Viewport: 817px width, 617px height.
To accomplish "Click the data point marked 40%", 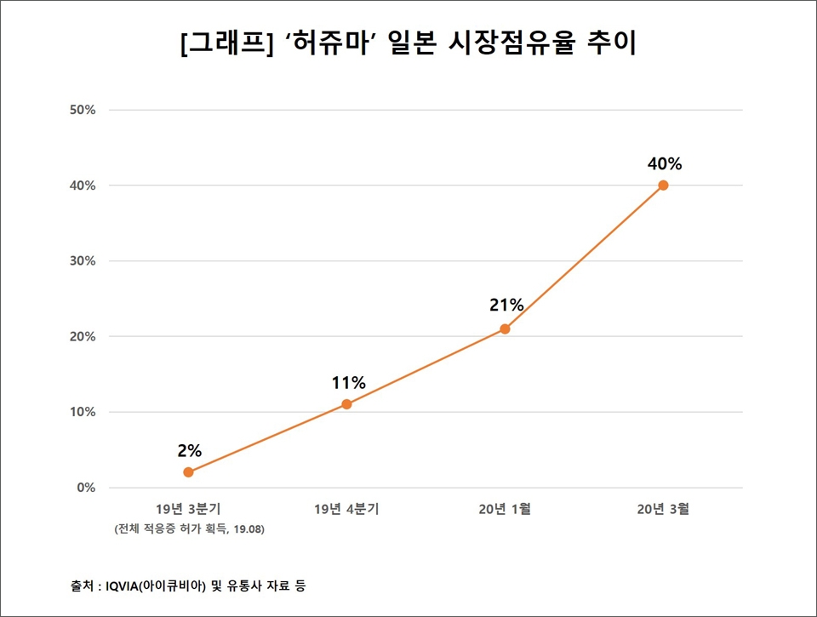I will (663, 186).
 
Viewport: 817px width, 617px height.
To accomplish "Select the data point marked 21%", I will (505, 328).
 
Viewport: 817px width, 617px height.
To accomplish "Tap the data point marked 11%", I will (346, 404).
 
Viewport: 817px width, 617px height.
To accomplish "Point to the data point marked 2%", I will (188, 472).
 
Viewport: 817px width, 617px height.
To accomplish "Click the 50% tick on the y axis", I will (83, 110).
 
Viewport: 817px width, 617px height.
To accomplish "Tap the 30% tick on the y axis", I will (83, 261).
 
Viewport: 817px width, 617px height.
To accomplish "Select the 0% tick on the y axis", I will (86, 488).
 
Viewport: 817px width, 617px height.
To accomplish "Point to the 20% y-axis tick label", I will (83, 337).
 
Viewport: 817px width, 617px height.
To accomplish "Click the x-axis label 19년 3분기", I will (188, 510).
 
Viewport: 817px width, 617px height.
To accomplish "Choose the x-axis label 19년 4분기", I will (346, 510).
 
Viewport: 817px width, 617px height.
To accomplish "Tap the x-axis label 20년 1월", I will (505, 510).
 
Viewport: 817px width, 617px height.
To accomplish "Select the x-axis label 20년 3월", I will (663, 510).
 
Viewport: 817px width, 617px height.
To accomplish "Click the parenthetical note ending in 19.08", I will (188, 529).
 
